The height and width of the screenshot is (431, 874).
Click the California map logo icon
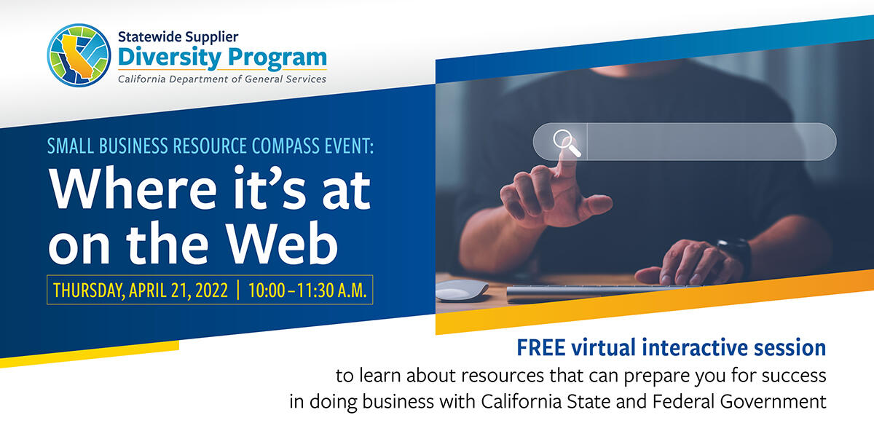pyautogui.click(x=78, y=56)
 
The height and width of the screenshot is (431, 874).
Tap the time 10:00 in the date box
pyautogui.click(x=266, y=290)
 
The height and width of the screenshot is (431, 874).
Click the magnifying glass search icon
pyautogui.click(x=566, y=141)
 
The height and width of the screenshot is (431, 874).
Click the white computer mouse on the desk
pyautogui.click(x=462, y=289)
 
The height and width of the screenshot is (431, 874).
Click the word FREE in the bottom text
pyautogui.click(x=542, y=347)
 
